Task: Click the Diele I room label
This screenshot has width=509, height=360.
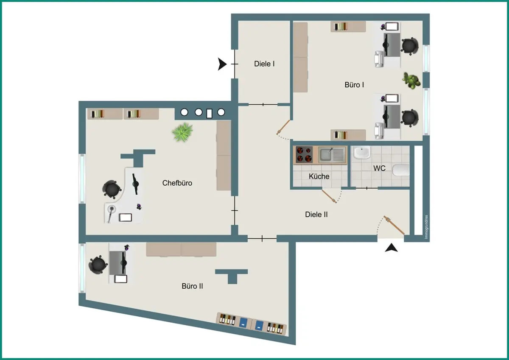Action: [264, 64]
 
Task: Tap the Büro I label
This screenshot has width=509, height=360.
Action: [354, 85]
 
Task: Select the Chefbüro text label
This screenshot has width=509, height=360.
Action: [177, 183]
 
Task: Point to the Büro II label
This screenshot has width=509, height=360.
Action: [192, 286]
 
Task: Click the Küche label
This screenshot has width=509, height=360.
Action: [319, 176]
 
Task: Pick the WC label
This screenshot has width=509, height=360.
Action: [379, 168]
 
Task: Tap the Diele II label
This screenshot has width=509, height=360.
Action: [316, 215]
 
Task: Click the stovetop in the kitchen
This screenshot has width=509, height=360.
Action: [304, 155]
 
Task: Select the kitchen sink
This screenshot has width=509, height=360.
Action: [332, 155]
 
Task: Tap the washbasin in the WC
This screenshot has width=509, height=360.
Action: [362, 152]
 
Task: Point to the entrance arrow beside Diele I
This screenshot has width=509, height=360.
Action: [222, 64]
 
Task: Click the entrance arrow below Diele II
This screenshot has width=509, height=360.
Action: [391, 248]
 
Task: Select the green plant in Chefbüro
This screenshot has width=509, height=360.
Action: [182, 132]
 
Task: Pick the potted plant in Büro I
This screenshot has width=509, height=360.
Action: [411, 81]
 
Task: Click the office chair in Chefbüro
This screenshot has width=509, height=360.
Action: [111, 189]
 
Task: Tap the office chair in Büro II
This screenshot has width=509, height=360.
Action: [98, 265]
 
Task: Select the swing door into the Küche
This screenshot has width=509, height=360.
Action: [329, 196]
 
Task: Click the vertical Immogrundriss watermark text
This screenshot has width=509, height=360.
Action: [426, 227]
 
